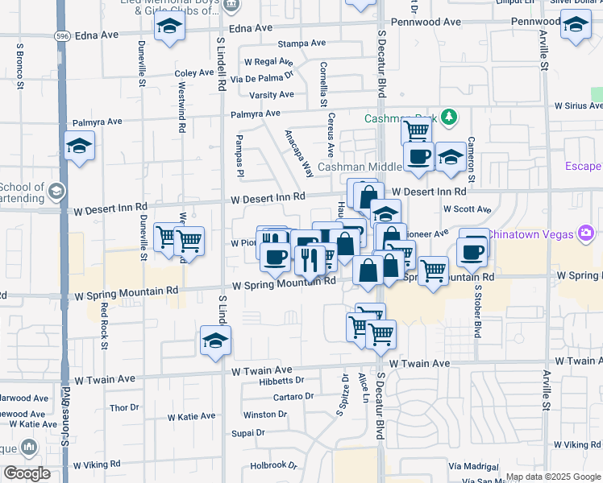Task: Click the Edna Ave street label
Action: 251,28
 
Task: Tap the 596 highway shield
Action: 62,36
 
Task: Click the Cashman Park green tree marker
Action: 449,118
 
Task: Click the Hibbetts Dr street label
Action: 281,381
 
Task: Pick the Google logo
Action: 27,473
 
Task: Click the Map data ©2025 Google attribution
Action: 553,477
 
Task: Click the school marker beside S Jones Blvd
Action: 79,146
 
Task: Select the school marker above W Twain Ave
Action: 215,341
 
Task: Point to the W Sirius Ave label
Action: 573,105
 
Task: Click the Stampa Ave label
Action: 301,43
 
